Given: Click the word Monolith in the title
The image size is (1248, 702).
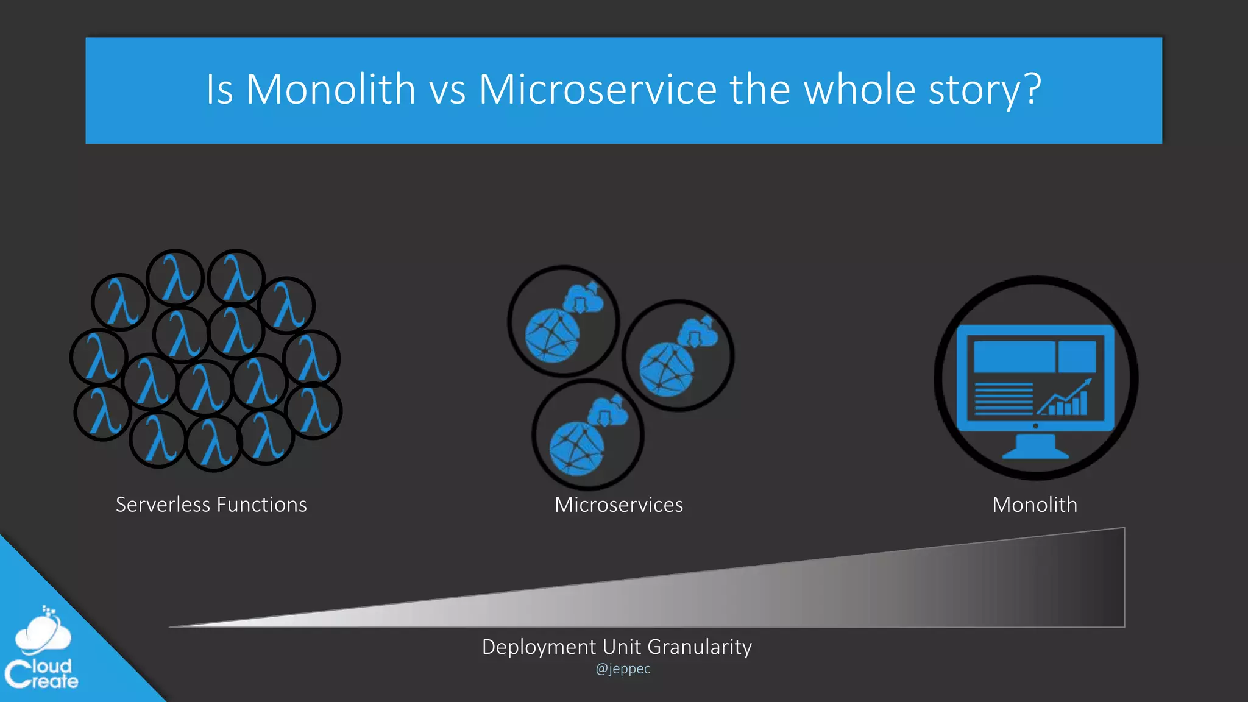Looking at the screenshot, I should (x=330, y=90).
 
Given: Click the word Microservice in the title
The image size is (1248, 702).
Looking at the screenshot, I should (x=598, y=90).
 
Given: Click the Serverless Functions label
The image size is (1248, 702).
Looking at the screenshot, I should (x=211, y=505).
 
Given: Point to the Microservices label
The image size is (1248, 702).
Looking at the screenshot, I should (x=619, y=505).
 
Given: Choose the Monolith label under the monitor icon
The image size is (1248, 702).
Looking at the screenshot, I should (x=1034, y=505).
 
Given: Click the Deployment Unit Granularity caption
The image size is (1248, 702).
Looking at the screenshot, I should (x=617, y=647).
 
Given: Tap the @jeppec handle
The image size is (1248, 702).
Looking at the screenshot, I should (x=623, y=668).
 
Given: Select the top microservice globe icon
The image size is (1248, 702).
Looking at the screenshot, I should (x=552, y=336).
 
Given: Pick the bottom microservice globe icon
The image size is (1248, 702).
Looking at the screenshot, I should (x=576, y=448).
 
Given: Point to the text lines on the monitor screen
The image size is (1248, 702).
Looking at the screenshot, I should (x=1003, y=399).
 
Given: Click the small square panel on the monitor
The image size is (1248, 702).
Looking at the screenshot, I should (x=1077, y=356).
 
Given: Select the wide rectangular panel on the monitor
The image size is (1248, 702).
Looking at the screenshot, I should (x=1014, y=356).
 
